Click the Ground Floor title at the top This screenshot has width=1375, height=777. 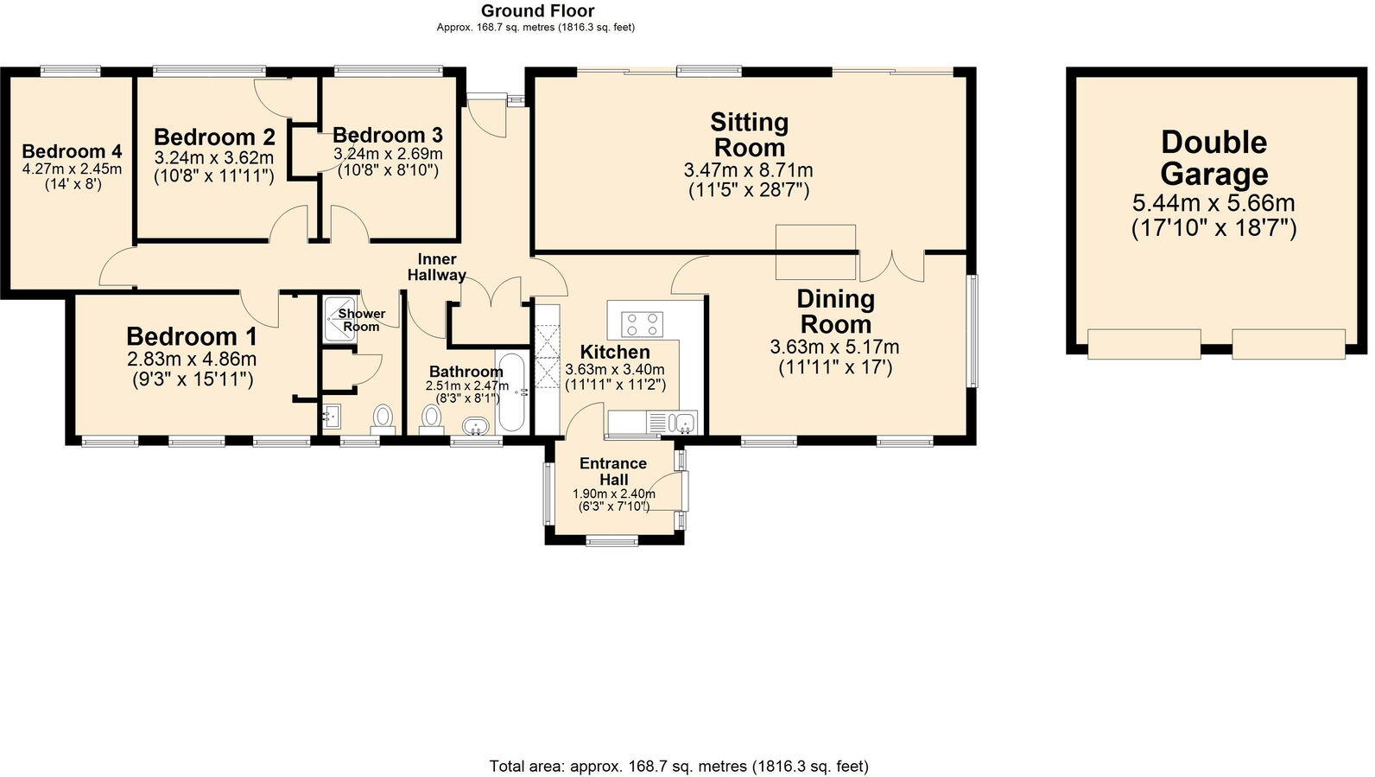[537, 11]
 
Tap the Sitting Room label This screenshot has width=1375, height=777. [749, 134]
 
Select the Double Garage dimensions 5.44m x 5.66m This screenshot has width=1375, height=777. [1213, 204]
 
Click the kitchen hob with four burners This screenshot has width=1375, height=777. [643, 324]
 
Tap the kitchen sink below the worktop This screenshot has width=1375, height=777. [684, 423]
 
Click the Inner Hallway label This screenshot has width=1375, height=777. [437, 267]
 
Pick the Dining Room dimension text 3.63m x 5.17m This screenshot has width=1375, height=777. [834, 347]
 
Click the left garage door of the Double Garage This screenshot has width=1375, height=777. [1144, 344]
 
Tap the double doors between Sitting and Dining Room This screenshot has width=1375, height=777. [891, 264]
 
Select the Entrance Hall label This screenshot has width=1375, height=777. [613, 471]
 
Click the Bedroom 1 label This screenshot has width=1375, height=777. [191, 336]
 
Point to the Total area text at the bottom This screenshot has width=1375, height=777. [678, 766]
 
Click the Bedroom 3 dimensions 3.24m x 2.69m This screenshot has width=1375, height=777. [388, 154]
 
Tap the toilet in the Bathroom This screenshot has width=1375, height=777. [431, 418]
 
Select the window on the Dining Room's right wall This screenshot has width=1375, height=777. [973, 331]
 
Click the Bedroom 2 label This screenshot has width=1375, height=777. [214, 137]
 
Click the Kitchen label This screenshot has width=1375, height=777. [614, 352]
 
